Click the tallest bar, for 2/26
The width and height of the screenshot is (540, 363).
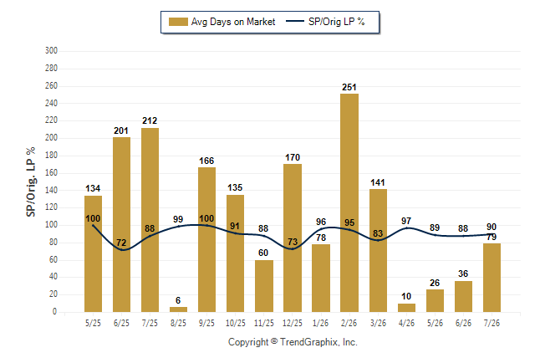coord(349,202)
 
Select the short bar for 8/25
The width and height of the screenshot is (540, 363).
coord(178,309)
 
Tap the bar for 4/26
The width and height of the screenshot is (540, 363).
coord(406,308)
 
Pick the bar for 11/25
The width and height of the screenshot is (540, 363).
coord(264,286)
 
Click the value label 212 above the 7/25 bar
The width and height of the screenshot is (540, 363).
coord(150,120)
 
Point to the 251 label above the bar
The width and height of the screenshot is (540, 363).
coord(349,87)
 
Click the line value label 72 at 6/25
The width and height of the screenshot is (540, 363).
coord(121,243)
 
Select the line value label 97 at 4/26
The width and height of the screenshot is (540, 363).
coord(406,221)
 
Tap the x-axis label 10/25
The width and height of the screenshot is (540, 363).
coord(236,323)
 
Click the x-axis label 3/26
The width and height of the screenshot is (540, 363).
coord(378,323)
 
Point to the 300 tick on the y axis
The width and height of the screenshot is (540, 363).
coord(51,51)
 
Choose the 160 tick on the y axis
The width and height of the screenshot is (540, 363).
coord(51,172)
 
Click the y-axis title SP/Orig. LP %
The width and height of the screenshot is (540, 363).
coord(31,181)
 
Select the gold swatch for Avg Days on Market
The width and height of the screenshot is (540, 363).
coord(178,22)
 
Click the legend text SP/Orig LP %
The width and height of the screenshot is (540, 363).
coord(337,22)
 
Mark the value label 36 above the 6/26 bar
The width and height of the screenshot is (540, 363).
coord(463,274)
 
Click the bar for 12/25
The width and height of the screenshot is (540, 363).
coord(293,238)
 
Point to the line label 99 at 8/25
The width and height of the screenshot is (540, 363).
coord(178,219)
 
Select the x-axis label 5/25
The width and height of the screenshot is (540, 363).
coord(93,323)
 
